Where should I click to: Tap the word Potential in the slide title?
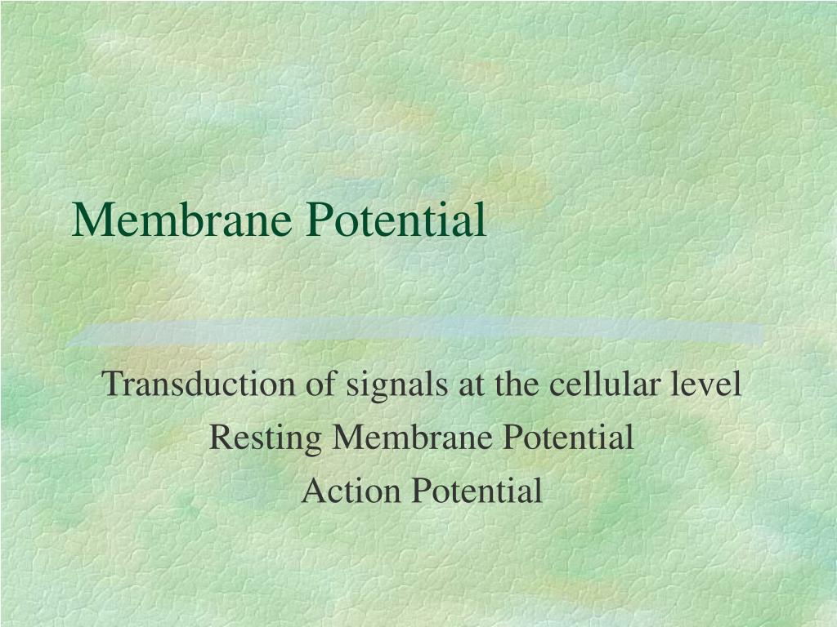coord(396,220)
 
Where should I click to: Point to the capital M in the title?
coord(90,220)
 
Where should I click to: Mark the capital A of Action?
coord(312,491)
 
